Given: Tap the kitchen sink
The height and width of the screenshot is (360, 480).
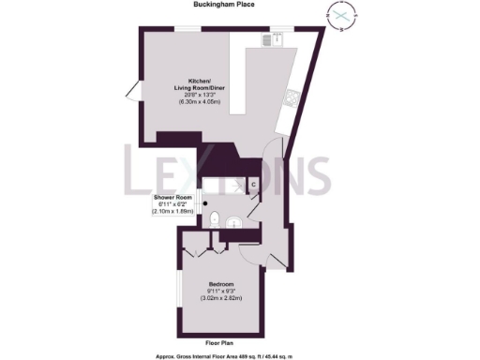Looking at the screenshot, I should coord(278,38).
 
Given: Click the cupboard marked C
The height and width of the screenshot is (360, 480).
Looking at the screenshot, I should coord(253,184).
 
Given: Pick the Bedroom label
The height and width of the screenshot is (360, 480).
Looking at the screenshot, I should coord(222,284).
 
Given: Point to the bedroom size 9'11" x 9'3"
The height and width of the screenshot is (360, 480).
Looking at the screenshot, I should coord(222,292).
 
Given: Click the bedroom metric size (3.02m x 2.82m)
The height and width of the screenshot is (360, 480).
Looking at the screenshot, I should coord(222,298).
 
